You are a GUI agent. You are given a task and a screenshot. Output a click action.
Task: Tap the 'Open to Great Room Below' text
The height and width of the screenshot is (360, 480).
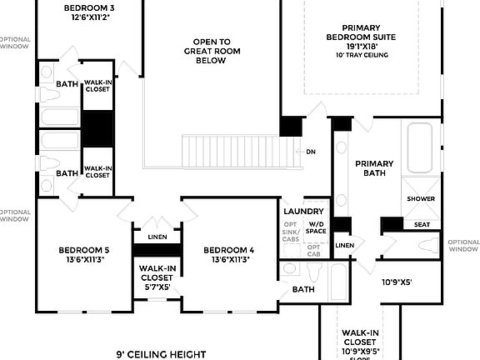point(212,51)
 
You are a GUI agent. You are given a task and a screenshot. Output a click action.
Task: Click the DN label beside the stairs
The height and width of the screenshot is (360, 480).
point(311,152)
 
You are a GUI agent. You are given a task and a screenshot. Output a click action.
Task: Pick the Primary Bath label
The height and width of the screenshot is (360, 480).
point(373,168)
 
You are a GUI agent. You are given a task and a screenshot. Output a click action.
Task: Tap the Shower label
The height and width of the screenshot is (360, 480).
point(421,199)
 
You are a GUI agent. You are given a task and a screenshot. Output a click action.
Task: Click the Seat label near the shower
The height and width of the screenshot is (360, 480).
point(422,224)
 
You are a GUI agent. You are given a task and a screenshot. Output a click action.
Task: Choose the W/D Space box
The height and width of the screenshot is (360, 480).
point(317,228)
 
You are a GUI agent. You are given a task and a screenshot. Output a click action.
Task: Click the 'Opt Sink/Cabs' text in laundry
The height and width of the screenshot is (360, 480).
point(290,232)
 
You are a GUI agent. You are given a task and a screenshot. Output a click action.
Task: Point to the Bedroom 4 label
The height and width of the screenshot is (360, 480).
point(227,254)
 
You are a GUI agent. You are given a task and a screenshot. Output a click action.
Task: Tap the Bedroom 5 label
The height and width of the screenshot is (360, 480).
point(83,254)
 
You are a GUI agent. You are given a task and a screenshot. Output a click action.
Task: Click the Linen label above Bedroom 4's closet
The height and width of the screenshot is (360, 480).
point(157,237)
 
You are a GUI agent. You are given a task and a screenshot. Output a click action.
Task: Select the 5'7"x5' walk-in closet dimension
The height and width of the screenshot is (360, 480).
point(157,287)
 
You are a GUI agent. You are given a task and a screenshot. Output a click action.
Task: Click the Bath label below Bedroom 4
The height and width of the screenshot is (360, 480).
point(302,289)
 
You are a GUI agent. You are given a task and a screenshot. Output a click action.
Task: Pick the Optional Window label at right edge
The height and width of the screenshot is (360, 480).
point(462,245)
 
